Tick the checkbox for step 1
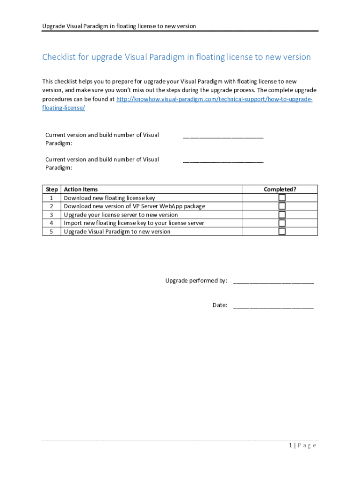click(282, 198)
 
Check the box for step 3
click(282, 215)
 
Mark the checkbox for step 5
click(282, 232)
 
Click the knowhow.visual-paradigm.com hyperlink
click(214, 100)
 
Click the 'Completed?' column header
click(280, 189)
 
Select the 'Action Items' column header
click(81, 189)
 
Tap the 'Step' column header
click(52, 189)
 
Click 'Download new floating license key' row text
click(109, 198)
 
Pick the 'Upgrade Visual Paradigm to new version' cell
click(117, 232)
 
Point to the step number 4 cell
click(51, 223)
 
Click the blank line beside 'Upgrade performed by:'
click(273, 282)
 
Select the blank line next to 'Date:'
click(273, 306)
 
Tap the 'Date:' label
click(220, 305)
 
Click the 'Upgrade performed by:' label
click(196, 281)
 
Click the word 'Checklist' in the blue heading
click(60, 57)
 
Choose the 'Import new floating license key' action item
click(134, 223)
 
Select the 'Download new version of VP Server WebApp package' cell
click(134, 206)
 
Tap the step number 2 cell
click(51, 206)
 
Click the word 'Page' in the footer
click(307, 445)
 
